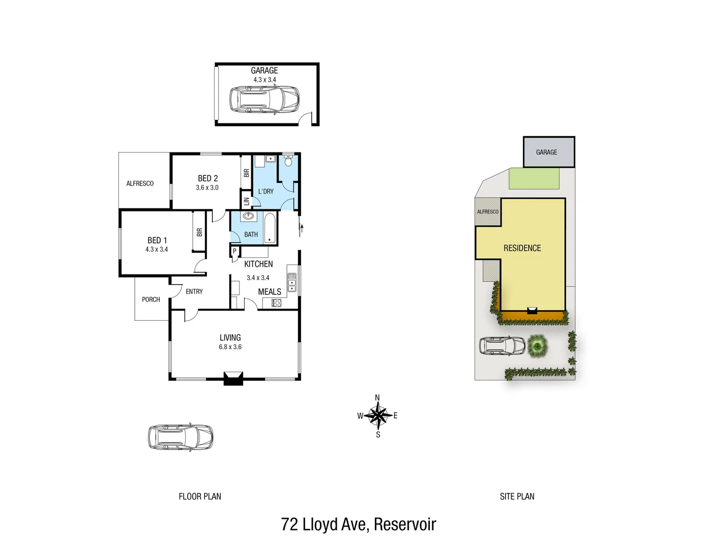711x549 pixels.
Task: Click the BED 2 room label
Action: [x=208, y=178]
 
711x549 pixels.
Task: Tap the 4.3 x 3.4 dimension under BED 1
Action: [x=156, y=250]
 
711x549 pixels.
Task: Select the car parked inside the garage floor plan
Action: [x=264, y=99]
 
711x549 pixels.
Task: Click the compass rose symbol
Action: [x=378, y=416]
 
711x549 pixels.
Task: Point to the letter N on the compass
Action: [x=377, y=398]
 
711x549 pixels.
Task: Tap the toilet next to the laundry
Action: [x=288, y=161]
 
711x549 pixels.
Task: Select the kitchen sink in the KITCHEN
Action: [x=292, y=283]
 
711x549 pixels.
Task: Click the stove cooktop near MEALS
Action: [x=276, y=303]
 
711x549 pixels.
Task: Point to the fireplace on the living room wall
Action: [x=233, y=378]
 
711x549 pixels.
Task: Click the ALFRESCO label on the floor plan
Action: [x=140, y=184]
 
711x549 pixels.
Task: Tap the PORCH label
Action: [x=151, y=299]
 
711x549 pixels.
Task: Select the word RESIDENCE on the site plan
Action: [x=522, y=248]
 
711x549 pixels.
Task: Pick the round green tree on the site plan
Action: [x=537, y=347]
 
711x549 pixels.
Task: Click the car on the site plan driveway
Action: [x=502, y=346]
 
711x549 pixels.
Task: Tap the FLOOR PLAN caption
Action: [x=200, y=497]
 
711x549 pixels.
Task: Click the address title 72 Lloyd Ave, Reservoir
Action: [x=359, y=524]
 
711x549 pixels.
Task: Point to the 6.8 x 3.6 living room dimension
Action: [x=230, y=347]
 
